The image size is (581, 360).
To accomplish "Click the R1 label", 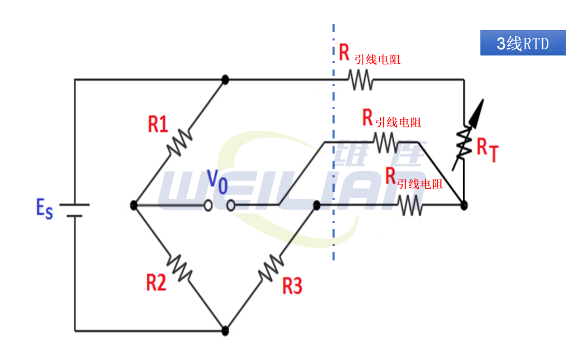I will click(158, 124).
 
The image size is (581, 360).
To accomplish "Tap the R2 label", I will click(156, 283).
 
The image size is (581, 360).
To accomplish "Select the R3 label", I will click(292, 286).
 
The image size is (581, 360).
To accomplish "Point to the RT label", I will click(487, 150).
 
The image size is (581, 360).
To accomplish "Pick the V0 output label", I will click(217, 182).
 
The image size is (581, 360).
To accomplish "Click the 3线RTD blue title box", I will click(522, 44).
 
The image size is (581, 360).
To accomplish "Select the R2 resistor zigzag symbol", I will click(179, 267).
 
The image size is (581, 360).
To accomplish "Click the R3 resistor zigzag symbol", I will click(270, 267).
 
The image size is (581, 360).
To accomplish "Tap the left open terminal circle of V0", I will click(208, 206).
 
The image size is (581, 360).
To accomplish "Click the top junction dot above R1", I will click(225, 79).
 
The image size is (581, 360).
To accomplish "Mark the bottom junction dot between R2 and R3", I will click(225, 330).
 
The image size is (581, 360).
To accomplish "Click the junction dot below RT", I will click(464, 205).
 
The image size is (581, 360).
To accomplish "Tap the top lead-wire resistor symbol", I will click(360, 80).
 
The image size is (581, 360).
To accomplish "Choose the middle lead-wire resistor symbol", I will click(386, 142).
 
